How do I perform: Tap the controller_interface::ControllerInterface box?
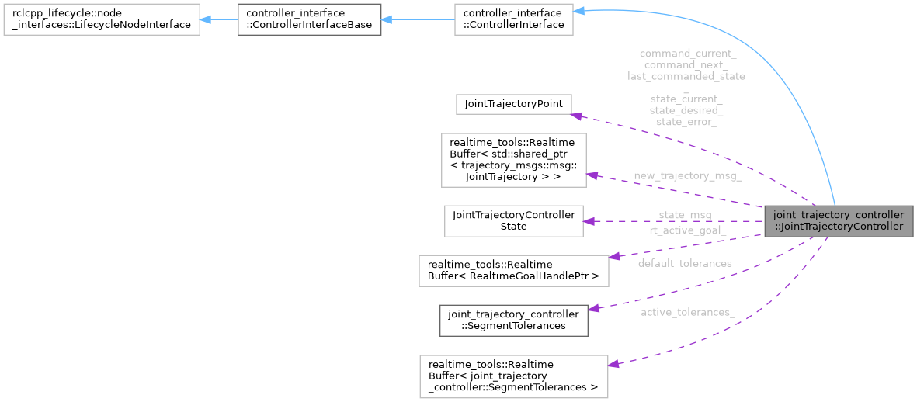(513, 19)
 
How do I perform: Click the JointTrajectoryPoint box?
(513, 104)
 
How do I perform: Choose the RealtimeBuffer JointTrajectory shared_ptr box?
(513, 160)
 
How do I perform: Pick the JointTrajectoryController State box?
(513, 220)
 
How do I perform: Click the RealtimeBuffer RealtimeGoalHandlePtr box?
(513, 268)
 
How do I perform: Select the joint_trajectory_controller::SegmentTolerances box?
(513, 320)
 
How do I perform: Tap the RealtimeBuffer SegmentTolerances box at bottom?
(513, 376)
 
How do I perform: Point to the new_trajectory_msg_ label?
(687, 176)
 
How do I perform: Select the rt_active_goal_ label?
(687, 230)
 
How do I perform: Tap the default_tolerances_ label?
(687, 264)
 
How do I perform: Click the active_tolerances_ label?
(687, 312)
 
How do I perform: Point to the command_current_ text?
(687, 54)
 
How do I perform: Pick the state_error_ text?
(686, 122)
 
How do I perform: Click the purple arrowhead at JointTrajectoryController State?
(589, 221)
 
